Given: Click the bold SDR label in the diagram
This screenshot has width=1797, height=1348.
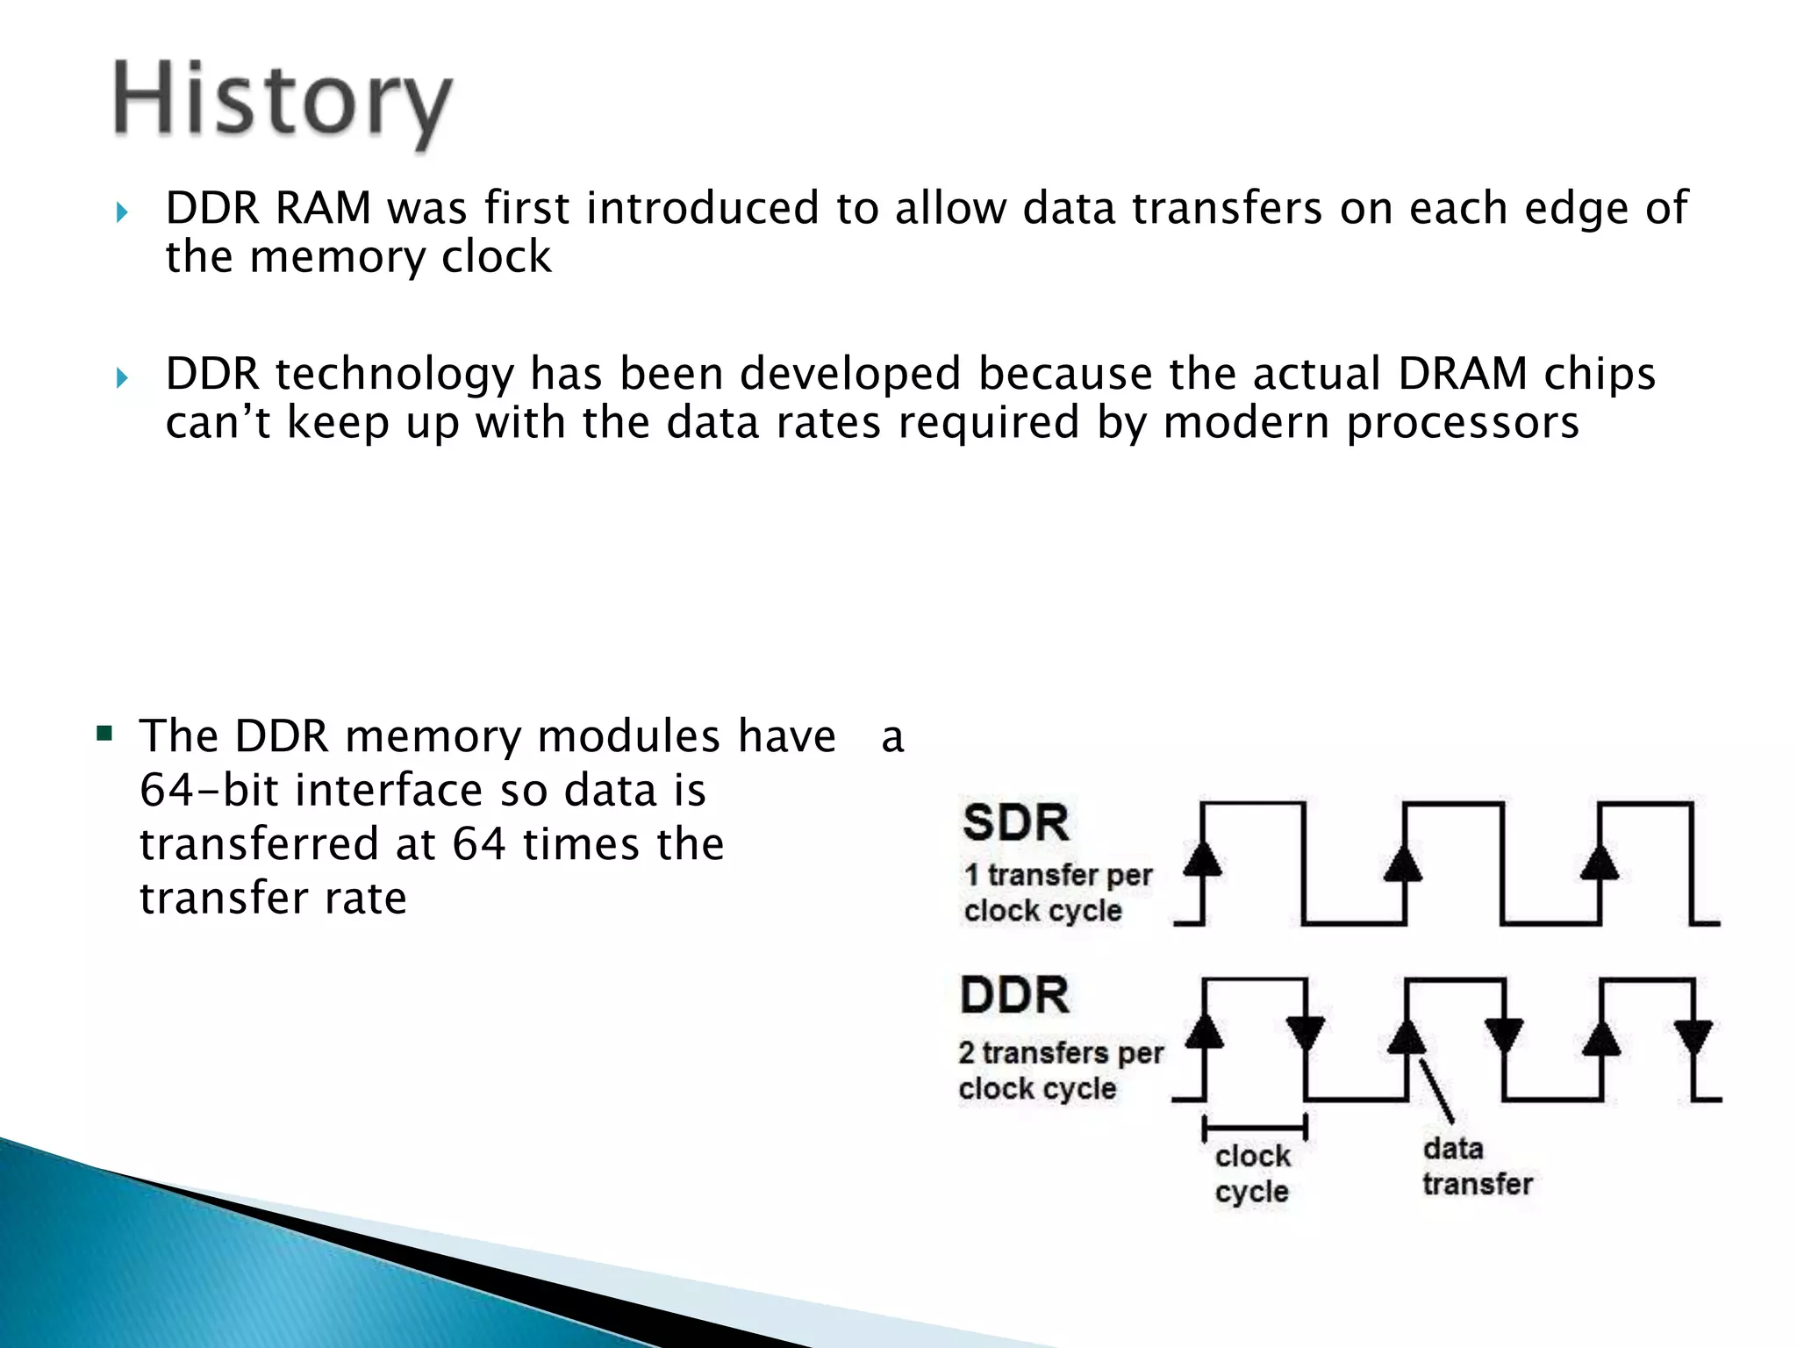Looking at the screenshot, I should (1015, 823).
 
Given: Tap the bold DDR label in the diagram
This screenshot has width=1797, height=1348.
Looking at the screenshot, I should (1015, 995).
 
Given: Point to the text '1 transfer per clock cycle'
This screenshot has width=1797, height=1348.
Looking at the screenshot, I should (1056, 893).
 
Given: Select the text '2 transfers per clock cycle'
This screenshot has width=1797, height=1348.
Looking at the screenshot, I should (1060, 1070).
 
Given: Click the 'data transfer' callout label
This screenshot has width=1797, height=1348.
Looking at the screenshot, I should (1476, 1166).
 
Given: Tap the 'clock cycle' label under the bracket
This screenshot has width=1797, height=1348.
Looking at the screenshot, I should (1252, 1173).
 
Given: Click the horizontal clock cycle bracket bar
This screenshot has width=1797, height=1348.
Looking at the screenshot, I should (1255, 1127).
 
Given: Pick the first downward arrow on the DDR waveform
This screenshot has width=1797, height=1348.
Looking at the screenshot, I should (1306, 1032).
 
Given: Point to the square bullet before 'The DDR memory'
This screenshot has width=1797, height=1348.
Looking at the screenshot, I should (105, 733).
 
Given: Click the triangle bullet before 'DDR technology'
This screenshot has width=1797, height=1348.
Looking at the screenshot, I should (122, 378).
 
